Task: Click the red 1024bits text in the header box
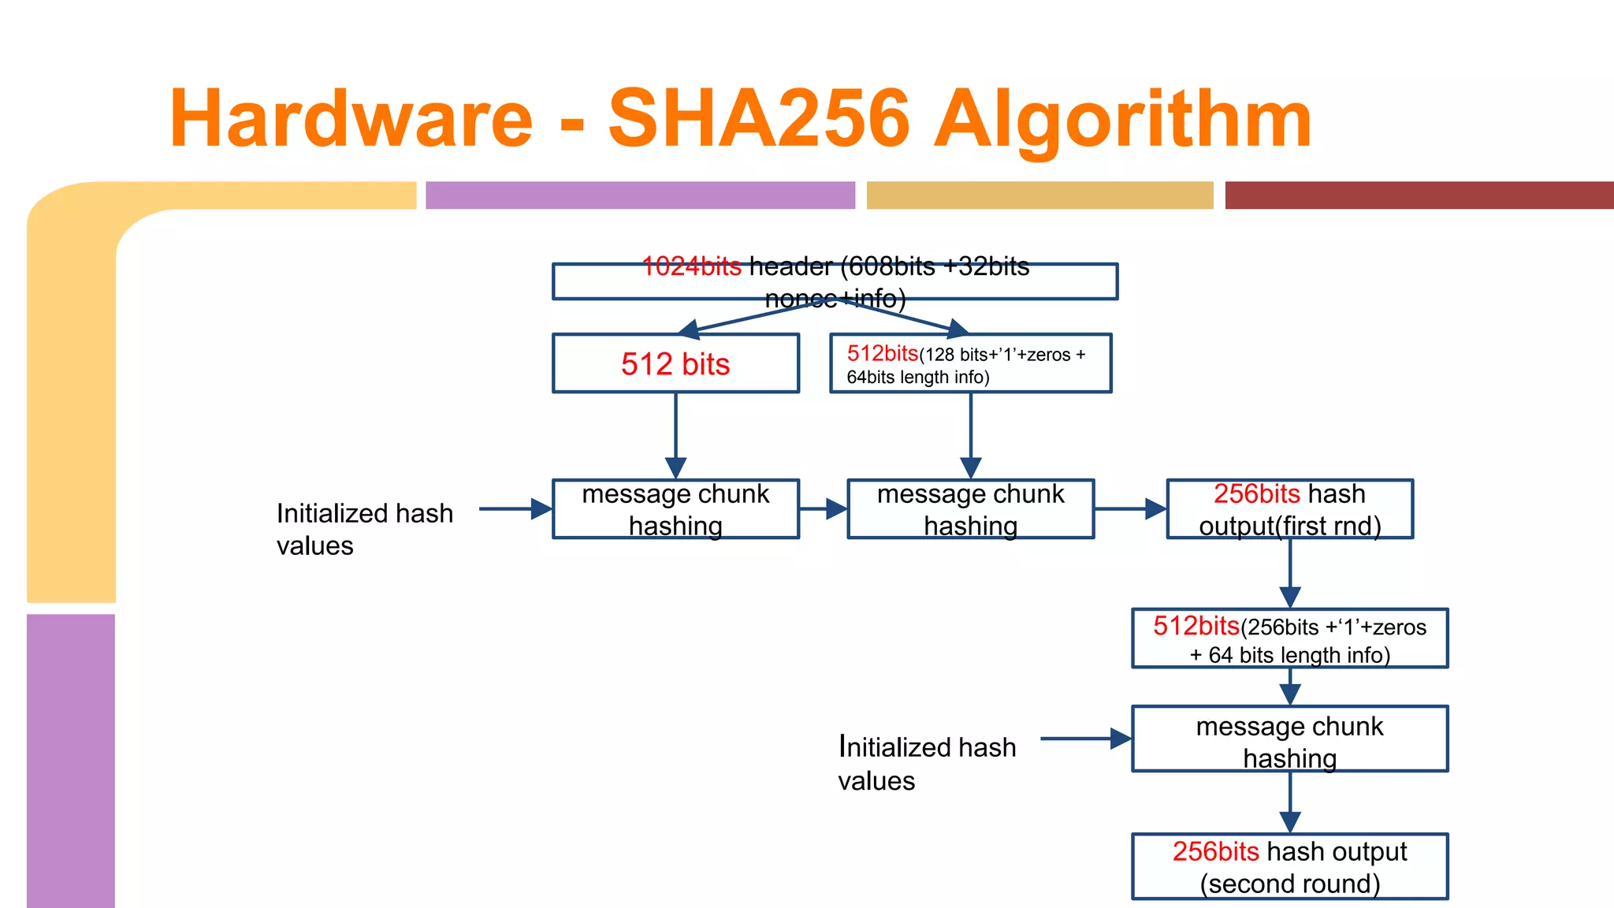tap(691, 266)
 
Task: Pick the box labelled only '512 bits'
tap(675, 363)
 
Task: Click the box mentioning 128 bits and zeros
tap(970, 363)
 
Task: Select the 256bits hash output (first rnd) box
tap(1289, 509)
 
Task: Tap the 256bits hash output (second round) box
tap(1289, 866)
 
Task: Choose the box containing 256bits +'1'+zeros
tap(1289, 638)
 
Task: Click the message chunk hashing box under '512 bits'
tap(675, 509)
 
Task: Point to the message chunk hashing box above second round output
tap(1289, 739)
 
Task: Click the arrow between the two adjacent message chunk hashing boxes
tap(824, 509)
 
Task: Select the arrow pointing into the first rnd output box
tap(1130, 509)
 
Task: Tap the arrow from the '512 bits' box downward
tap(675, 436)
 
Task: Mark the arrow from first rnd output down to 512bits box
tap(1290, 574)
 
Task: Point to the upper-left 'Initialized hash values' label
tap(364, 529)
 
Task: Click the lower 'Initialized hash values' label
tap(927, 763)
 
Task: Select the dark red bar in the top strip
tap(1419, 195)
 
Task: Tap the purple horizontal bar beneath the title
tap(640, 195)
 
